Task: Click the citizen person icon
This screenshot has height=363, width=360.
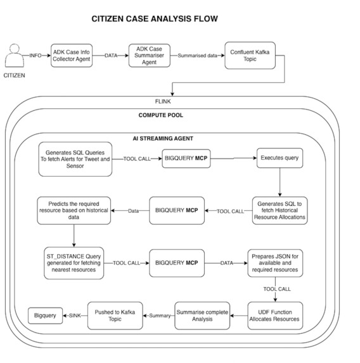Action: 15,56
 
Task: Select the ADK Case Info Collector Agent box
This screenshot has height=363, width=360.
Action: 72,56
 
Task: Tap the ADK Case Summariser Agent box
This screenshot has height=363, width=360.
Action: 150,56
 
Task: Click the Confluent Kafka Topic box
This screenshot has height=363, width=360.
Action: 250,56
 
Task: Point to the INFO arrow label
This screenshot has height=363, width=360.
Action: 35,56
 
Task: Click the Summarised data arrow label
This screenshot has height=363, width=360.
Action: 197,56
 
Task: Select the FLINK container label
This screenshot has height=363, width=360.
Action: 163,101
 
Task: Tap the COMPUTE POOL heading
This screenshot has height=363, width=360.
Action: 161,115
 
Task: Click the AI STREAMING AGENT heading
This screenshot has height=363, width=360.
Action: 163,139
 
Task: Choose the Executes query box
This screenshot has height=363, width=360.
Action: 280,158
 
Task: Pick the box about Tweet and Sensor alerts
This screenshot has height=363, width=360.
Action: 75,159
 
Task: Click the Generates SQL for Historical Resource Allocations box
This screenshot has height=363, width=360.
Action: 280,211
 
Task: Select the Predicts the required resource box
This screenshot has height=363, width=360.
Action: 74,211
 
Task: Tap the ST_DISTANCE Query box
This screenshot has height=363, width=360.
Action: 74,263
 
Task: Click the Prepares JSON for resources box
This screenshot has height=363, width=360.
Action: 275,263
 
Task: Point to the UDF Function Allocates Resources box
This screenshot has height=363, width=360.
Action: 275,315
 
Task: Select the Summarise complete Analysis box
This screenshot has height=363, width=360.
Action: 202,315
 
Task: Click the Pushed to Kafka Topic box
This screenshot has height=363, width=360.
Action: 115,315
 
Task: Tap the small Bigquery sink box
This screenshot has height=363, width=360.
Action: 46,315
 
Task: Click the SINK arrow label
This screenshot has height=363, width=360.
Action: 75,315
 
